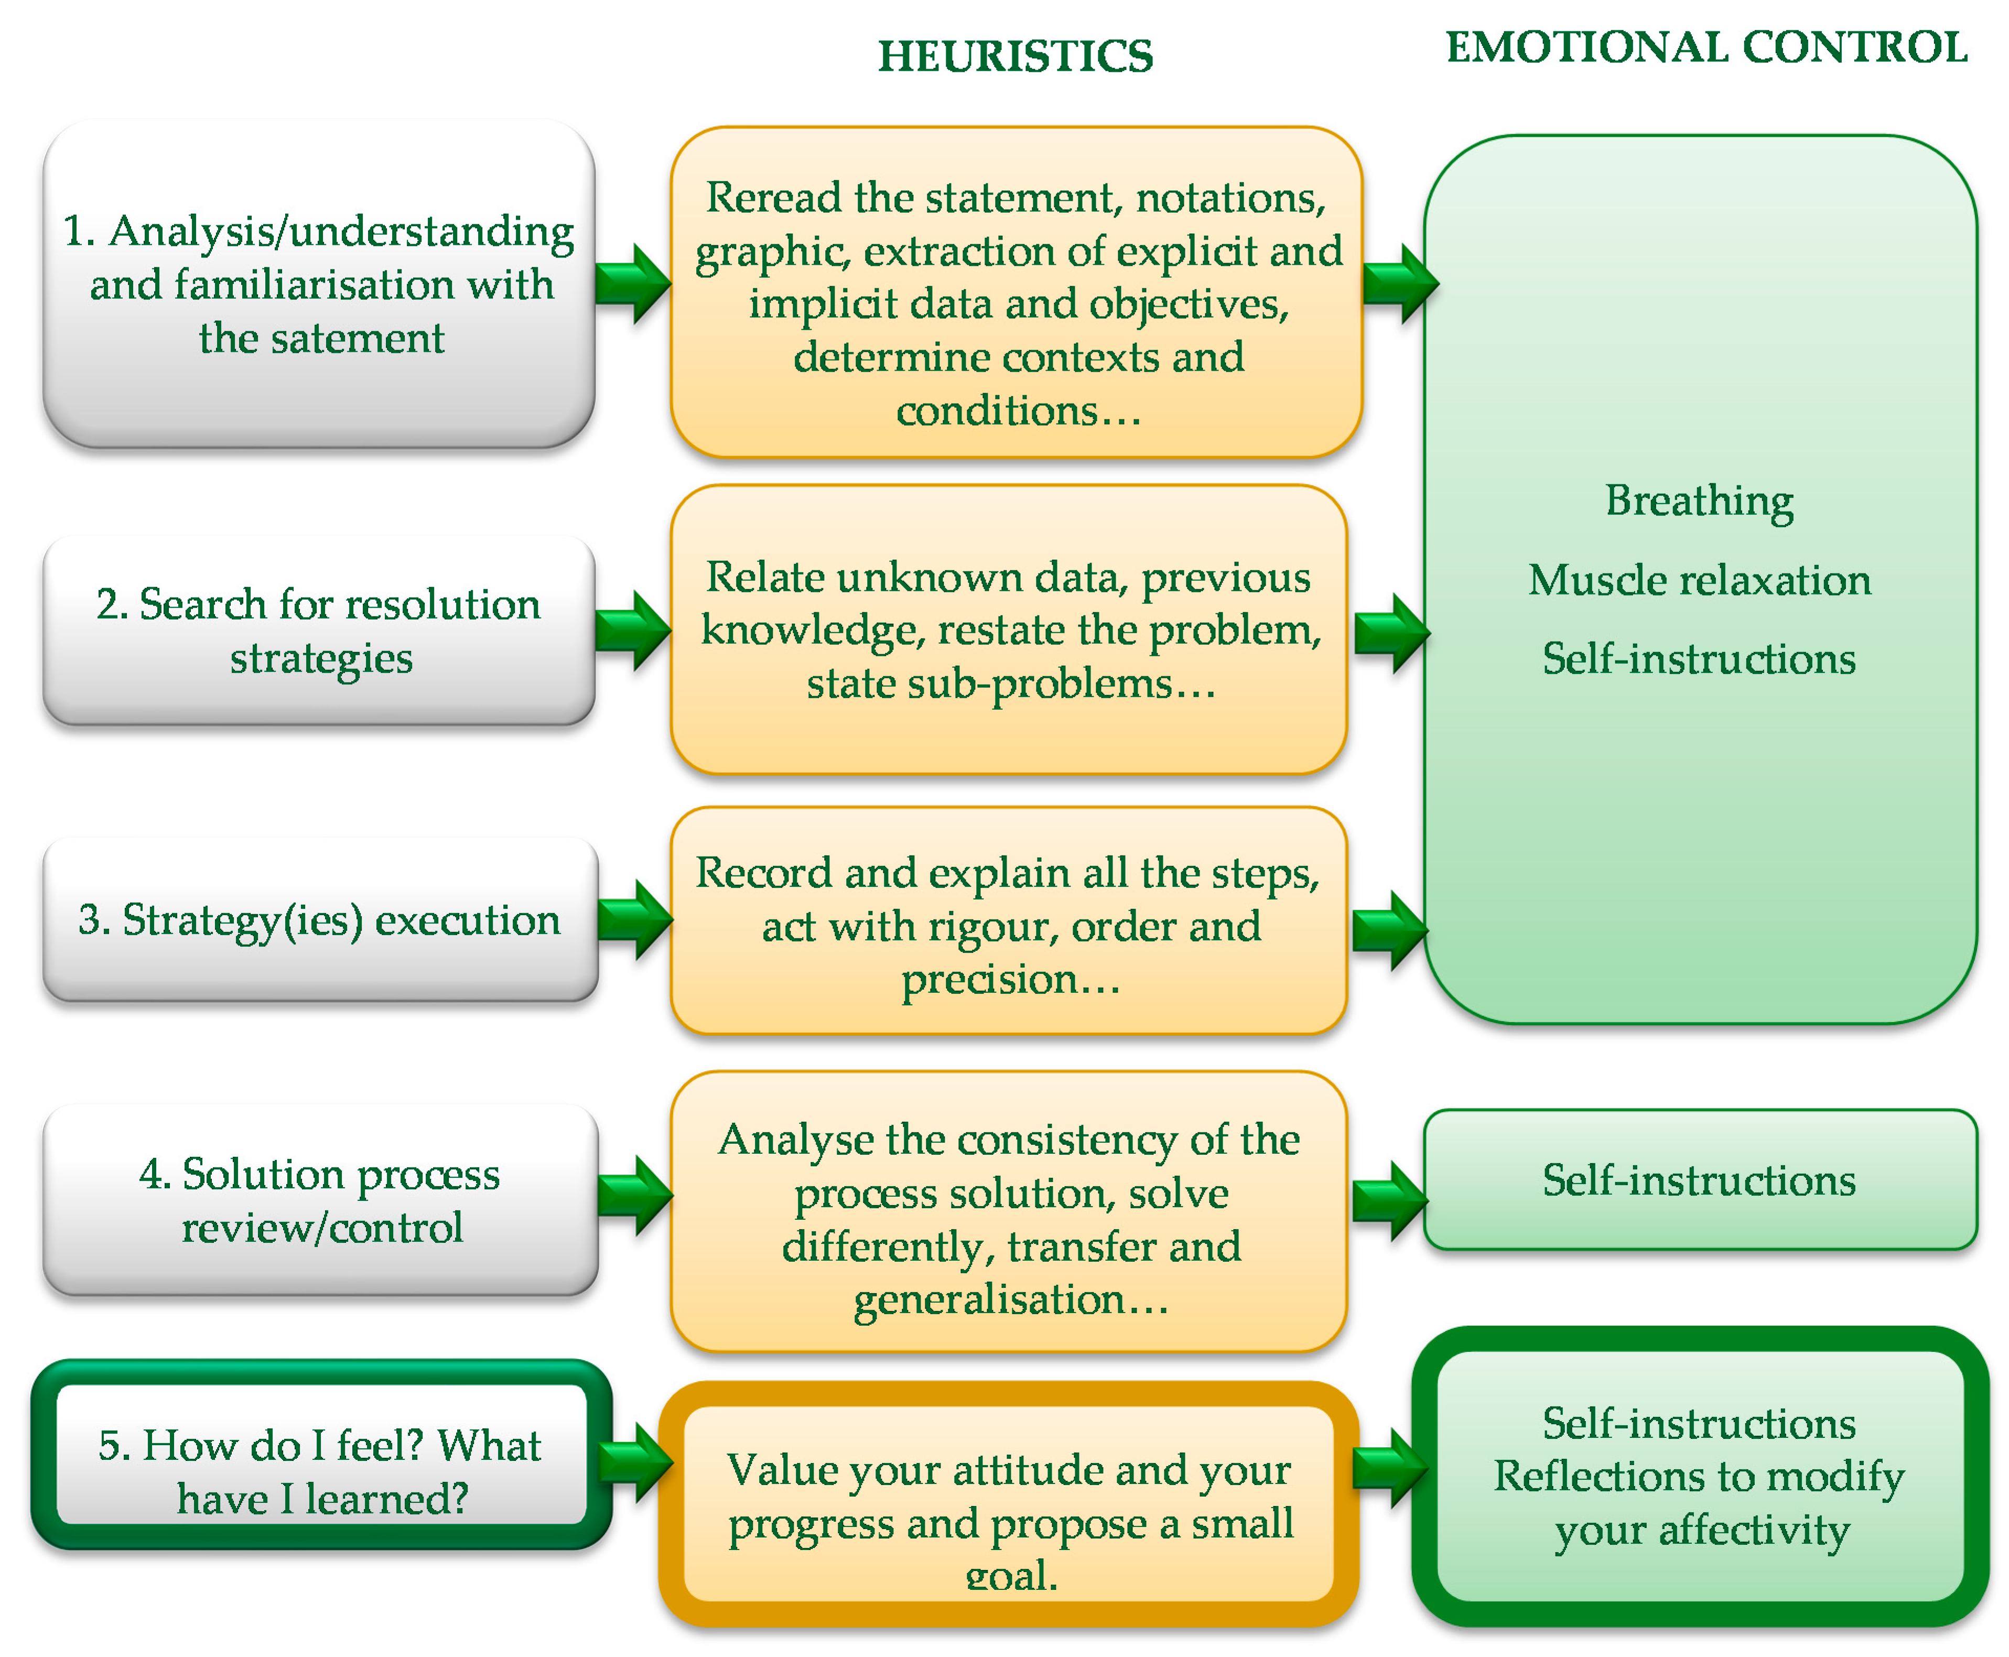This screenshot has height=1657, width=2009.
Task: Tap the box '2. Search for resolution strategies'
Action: pyautogui.click(x=319, y=630)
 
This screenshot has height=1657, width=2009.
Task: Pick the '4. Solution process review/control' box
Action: pyautogui.click(x=319, y=1200)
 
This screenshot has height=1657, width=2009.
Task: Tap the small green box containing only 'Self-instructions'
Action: pyautogui.click(x=1699, y=1181)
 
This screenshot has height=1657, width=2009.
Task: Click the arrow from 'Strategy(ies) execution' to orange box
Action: pyautogui.click(x=635, y=919)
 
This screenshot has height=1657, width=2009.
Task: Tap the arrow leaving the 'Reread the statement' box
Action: pyautogui.click(x=1399, y=283)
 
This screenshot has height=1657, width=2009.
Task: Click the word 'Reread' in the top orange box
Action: pyautogui.click(x=773, y=198)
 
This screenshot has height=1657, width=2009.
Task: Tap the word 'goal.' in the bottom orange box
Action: pyautogui.click(x=1012, y=1576)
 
